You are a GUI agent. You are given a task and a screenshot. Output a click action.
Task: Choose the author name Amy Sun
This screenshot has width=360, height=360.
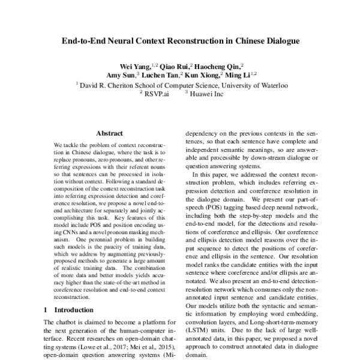coord(119,76)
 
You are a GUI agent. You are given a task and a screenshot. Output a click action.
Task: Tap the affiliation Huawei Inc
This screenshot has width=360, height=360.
coord(211,94)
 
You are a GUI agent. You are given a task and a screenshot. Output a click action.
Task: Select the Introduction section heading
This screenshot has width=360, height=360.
coord(74,310)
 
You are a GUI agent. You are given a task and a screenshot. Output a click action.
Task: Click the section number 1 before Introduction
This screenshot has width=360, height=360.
coord(47,310)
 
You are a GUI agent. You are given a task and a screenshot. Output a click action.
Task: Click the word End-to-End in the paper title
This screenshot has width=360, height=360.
coord(85,43)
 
